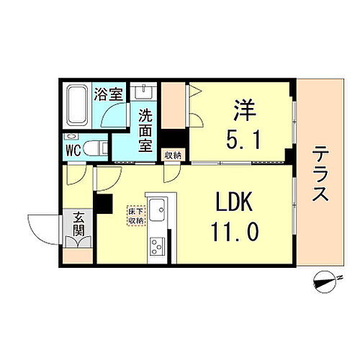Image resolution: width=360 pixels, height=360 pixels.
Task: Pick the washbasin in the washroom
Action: (145, 92)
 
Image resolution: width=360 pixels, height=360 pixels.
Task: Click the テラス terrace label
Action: (321, 175)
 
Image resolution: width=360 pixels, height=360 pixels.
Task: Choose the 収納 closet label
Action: (171, 155)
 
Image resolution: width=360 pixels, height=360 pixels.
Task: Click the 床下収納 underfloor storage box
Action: (135, 215)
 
